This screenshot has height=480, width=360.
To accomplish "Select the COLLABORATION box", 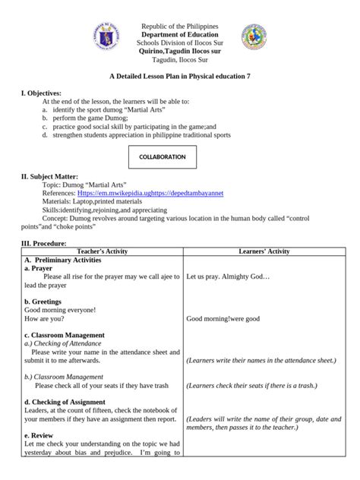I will (x=163, y=156).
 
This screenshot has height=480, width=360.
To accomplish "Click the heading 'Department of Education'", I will (x=180, y=35).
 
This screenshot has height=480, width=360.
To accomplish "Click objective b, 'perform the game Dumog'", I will (x=88, y=118).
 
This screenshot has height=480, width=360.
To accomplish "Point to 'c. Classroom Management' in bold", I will (x=64, y=335).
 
